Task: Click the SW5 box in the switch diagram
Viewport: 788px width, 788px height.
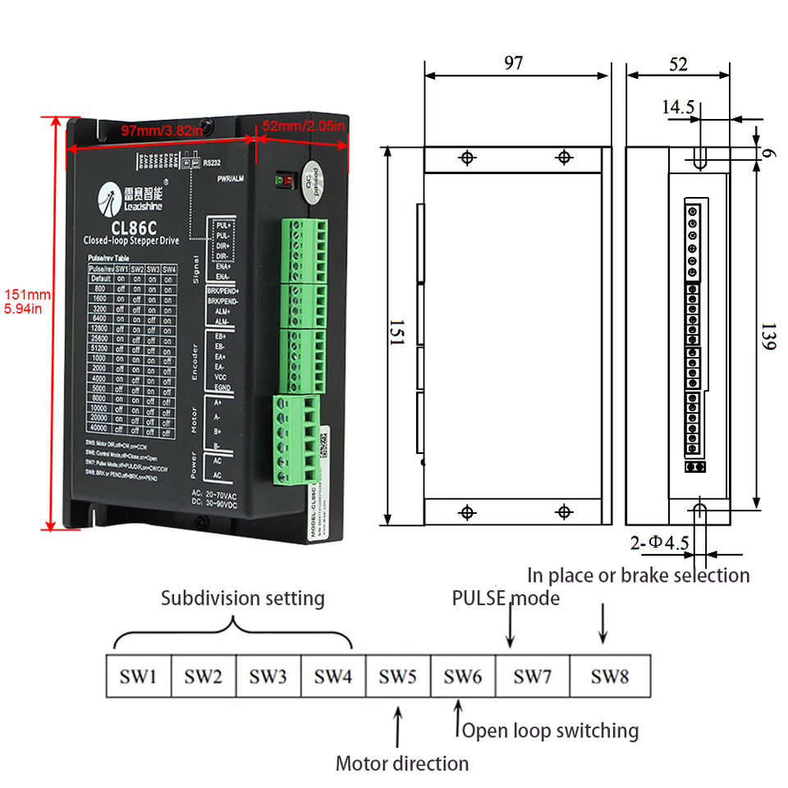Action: pos(397,676)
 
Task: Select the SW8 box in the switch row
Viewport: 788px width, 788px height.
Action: pos(610,676)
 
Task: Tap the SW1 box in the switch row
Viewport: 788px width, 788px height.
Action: pos(139,676)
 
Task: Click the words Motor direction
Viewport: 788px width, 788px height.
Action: pos(401,763)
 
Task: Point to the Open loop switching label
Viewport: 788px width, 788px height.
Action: pos(550,731)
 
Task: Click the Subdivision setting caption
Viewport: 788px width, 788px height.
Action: pos(242,598)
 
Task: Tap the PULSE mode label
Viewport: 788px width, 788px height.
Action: pos(506,598)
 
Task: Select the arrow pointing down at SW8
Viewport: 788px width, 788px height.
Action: pos(603,623)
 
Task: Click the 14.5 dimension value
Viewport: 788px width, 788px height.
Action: pos(678,107)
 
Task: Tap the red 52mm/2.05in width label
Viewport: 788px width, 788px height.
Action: pos(303,126)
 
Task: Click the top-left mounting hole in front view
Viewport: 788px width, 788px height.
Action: pos(467,158)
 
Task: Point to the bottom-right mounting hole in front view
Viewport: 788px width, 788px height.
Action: pos(563,511)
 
